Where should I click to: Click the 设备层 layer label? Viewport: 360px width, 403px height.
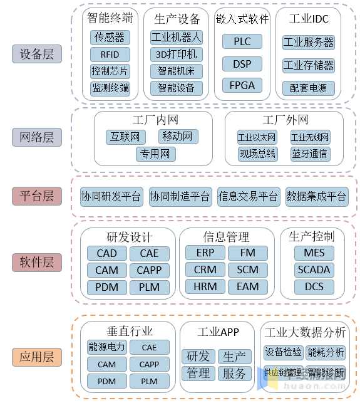coord(37,54)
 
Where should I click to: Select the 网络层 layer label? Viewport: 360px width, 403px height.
coord(37,137)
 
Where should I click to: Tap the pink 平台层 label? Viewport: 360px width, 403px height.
coord(37,196)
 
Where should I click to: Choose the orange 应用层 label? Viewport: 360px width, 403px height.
coord(37,357)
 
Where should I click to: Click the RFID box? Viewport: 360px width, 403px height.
coord(110,55)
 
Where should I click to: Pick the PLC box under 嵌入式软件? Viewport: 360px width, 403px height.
coord(242,42)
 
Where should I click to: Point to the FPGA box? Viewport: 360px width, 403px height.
coord(242,85)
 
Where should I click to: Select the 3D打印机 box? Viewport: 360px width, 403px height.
coord(177,55)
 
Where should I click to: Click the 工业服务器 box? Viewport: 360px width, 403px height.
coord(309,43)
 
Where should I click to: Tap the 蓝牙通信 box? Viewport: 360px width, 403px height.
coord(310,154)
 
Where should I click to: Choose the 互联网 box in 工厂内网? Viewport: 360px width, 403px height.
coord(125,137)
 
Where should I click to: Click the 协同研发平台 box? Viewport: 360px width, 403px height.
coord(111,197)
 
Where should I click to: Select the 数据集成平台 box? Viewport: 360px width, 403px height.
coord(316,197)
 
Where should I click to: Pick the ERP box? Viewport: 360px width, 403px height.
coord(205,253)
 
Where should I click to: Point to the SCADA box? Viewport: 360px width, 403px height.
coord(314,270)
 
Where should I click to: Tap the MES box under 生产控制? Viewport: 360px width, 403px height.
coord(314,253)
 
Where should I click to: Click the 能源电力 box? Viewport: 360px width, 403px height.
coord(107,347)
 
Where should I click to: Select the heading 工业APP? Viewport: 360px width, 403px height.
coord(218,332)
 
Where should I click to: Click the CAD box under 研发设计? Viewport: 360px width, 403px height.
coord(107,253)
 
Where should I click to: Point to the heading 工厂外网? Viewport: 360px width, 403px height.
coord(285,119)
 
